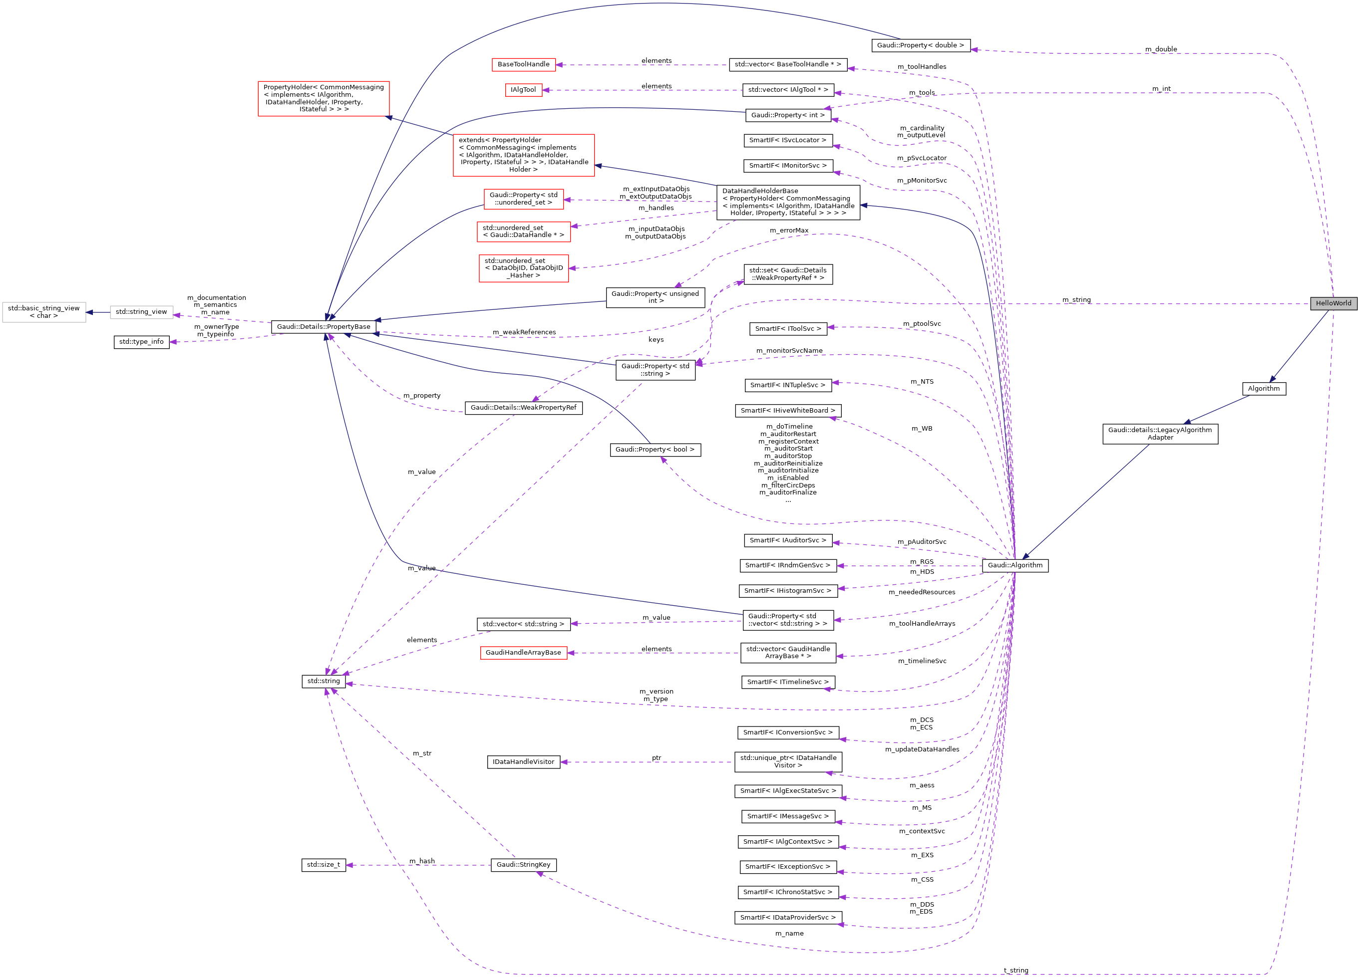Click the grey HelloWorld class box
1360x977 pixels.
[x=1333, y=303]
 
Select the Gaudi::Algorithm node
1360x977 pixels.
[x=1015, y=565]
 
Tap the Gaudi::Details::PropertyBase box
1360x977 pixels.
[x=323, y=327]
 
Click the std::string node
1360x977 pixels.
[x=323, y=681]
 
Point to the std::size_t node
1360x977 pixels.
[x=323, y=864]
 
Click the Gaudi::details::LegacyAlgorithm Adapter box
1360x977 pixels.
[x=1160, y=433]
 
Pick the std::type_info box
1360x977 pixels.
[x=141, y=342]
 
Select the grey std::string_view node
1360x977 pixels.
[x=141, y=312]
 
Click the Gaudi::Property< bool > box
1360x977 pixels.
[x=655, y=450]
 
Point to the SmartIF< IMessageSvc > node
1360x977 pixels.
[x=787, y=816]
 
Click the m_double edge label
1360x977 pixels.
[x=1161, y=49]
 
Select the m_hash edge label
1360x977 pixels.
[x=422, y=861]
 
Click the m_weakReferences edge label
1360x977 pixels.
[x=524, y=332]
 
